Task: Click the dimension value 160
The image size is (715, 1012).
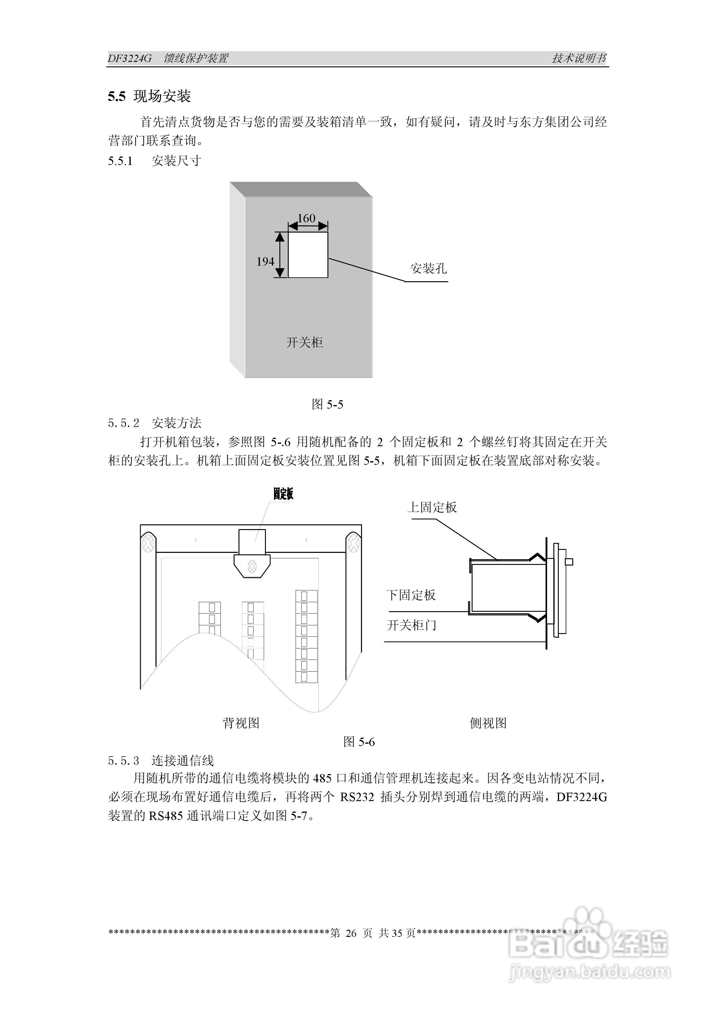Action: pyautogui.click(x=306, y=218)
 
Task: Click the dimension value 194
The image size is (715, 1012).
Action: pyautogui.click(x=265, y=261)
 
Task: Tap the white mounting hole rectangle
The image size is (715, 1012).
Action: pyautogui.click(x=308, y=255)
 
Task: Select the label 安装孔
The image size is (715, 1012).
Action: pyautogui.click(x=428, y=268)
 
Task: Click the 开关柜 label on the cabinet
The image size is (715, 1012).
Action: pyautogui.click(x=305, y=343)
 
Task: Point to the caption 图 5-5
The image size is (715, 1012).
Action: pyautogui.click(x=327, y=404)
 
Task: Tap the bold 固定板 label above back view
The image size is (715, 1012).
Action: pyautogui.click(x=283, y=494)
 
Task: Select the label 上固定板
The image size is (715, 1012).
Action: pyautogui.click(x=432, y=507)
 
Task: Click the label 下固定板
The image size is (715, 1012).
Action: pyautogui.click(x=411, y=595)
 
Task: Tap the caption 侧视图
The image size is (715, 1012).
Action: pyautogui.click(x=488, y=723)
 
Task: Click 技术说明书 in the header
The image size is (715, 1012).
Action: pyautogui.click(x=579, y=58)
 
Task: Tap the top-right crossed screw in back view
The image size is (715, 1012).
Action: pyautogui.click(x=353, y=543)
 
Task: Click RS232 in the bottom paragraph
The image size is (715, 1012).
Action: pyautogui.click(x=357, y=797)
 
